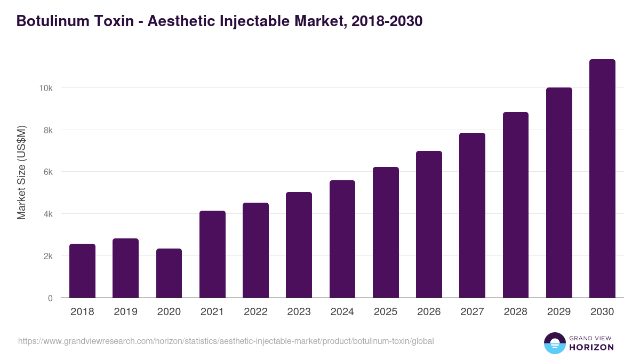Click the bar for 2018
82,271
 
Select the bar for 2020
169,273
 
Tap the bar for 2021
212,254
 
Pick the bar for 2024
342,239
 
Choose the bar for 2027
472,215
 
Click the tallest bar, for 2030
602,179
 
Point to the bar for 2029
559,193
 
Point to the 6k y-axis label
48,172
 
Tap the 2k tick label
48,256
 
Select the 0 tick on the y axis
50,298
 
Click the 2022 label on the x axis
255,312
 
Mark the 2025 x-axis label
386,312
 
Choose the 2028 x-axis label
516,312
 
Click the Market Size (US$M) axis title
21,173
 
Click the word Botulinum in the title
47,21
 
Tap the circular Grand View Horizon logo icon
555,343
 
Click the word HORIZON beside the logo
591,347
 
